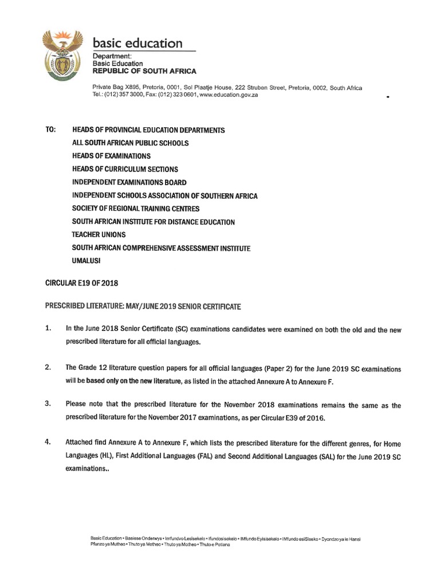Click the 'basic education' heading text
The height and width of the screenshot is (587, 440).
(137, 44)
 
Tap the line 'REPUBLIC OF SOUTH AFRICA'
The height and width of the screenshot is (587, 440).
(144, 71)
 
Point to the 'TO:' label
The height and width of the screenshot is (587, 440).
(50, 130)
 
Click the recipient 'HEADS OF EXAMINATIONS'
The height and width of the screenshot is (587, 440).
(111, 156)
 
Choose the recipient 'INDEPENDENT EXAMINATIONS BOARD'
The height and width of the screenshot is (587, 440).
(129, 182)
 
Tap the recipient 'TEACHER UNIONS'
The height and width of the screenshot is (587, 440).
(99, 234)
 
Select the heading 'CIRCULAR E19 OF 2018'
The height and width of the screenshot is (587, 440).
(81, 283)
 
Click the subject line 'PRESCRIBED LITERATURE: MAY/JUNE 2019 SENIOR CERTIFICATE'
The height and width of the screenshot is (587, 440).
(143, 307)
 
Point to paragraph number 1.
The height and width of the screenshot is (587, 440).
(48, 329)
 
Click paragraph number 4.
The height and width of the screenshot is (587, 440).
(48, 443)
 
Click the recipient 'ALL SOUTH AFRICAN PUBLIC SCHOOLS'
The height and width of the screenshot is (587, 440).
(130, 143)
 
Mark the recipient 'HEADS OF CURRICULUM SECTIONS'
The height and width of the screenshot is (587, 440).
(125, 169)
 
